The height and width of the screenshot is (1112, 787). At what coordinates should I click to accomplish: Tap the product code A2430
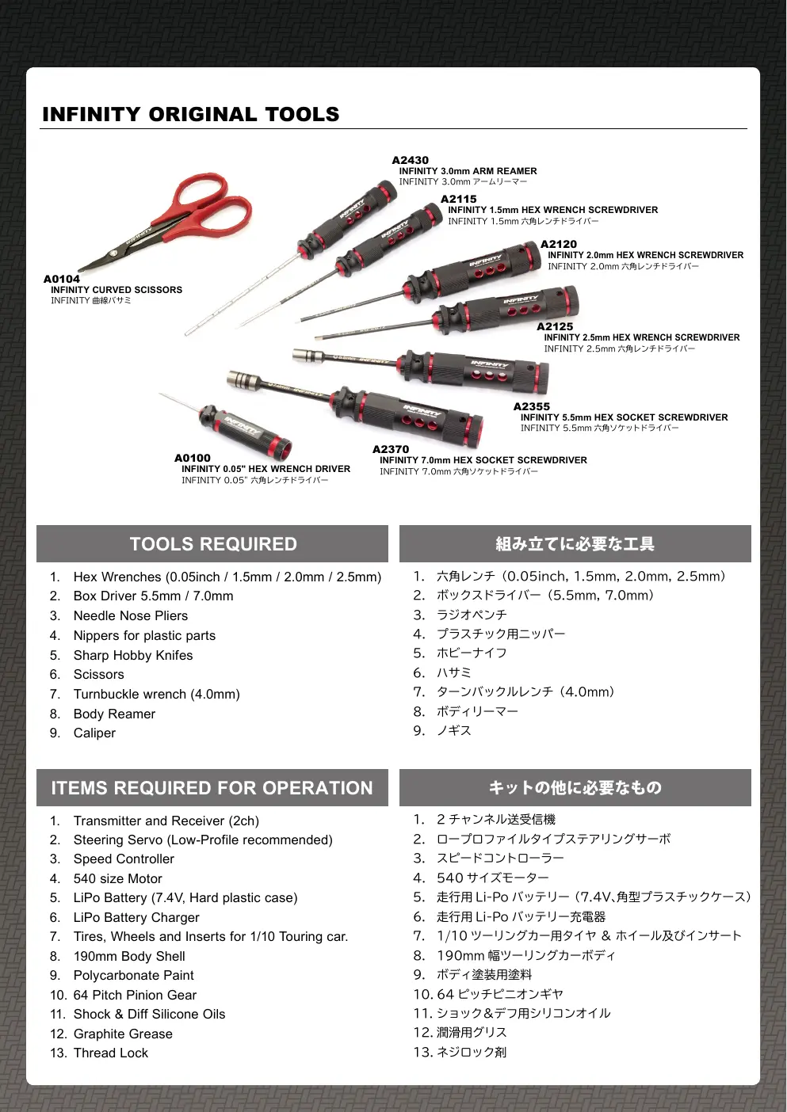coord(410,160)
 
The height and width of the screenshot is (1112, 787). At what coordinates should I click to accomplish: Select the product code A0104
coord(62,279)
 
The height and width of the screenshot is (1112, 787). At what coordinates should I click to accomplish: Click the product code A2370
coord(391,449)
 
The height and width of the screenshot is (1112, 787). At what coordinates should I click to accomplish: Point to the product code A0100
coord(193,458)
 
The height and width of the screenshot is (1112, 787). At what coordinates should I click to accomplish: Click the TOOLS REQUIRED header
coord(212,544)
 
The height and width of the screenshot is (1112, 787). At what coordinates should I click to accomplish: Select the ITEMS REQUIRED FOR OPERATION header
coord(212,788)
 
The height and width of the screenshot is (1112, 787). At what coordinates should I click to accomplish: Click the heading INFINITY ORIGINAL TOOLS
coord(191,114)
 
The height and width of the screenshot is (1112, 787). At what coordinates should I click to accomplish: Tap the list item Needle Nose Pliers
coord(131,615)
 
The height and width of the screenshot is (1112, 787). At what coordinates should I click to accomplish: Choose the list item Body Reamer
coord(114,714)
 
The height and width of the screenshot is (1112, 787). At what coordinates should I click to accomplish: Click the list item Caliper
coord(94,733)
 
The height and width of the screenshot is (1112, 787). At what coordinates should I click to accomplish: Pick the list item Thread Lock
coord(111,1053)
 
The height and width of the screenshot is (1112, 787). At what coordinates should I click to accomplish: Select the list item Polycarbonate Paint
coord(134,975)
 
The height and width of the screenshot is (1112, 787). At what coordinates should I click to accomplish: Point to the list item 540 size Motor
coord(118,878)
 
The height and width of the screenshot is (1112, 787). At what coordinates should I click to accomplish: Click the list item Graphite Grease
coord(123,1033)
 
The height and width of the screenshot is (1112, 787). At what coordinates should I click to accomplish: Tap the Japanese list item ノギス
coord(453,730)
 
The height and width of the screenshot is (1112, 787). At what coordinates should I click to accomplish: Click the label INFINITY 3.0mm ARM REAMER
coord(468,171)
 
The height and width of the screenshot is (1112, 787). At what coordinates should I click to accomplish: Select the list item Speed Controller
coord(124,859)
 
